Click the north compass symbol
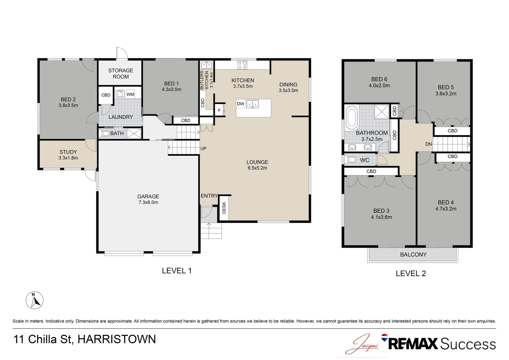coord(35,300)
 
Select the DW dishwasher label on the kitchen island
coord(241,104)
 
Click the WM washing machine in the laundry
coord(130,94)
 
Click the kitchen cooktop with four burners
coord(242,65)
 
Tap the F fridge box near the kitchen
coord(219,110)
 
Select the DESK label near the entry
coord(224,208)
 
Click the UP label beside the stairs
coord(204,149)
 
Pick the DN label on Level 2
coord(429,144)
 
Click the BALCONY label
coord(413,254)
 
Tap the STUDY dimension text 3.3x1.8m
coord(68,158)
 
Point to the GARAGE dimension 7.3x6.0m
coord(148,202)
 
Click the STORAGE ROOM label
coord(121,73)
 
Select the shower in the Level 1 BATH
coord(134,133)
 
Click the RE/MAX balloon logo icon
coord(384,337)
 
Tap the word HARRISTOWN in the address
coord(117,339)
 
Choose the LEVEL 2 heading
coord(411,273)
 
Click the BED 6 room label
coord(379,79)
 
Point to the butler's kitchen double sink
coord(207,65)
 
